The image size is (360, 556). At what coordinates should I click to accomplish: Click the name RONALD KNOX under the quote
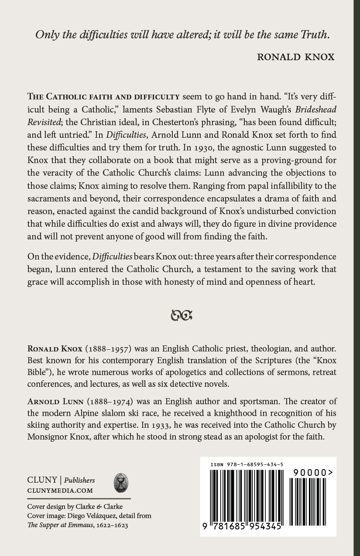pyautogui.click(x=295, y=57)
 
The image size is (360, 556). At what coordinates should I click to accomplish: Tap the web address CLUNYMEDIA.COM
pyautogui.click(x=60, y=490)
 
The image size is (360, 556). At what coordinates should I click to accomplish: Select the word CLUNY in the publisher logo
pyautogui.click(x=42, y=480)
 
